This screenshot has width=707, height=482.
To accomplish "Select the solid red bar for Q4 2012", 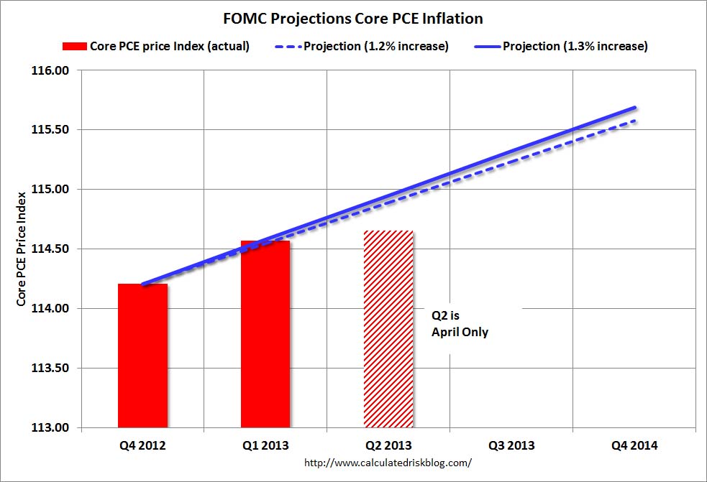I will (142, 356).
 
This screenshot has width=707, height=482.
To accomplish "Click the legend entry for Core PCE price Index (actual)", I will (156, 47).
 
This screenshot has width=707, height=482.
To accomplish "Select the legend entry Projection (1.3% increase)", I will (561, 47).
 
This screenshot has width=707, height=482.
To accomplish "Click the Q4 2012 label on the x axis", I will (142, 446).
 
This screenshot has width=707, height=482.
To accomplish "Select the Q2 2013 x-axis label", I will (388, 446).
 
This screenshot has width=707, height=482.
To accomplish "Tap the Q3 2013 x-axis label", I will (511, 446).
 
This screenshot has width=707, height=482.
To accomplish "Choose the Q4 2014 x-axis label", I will (634, 446).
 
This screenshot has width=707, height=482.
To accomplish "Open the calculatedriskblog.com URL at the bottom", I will (388, 463).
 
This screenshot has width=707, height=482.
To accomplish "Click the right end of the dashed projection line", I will (634, 121).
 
